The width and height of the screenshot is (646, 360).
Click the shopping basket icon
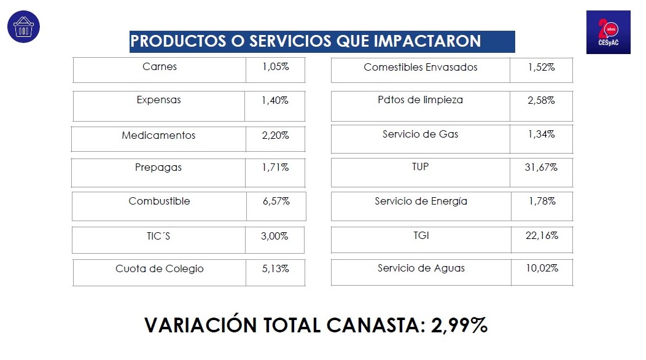pos(23,27)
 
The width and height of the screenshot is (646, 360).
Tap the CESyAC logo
pos(608,32)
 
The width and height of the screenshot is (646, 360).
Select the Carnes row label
pos(160,67)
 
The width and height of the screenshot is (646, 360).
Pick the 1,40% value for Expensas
pos(275,100)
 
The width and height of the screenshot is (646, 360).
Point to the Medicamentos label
pos(158,136)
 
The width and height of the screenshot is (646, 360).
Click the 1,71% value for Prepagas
pos(275,167)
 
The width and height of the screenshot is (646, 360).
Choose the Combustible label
pos(160,201)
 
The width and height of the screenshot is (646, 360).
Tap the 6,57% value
pos(276,202)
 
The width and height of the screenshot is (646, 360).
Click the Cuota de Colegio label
pos(160,268)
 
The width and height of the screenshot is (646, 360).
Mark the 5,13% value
pos(275,268)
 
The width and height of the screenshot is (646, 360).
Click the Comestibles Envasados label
pos(421,67)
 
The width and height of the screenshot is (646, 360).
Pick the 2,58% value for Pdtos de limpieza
pos(541,100)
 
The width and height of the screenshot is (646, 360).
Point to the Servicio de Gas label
pos(421,134)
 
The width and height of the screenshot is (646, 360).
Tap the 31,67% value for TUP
pos(541,167)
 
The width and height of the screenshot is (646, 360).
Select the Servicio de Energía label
pos(421,201)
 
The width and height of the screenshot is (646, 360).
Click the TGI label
pos(421,235)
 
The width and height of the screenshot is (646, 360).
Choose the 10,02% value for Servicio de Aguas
pos(542,268)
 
